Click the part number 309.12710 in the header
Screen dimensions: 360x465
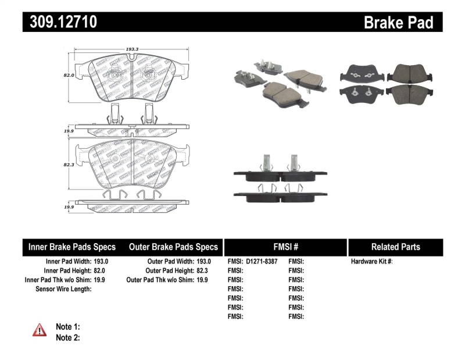tap(60, 22)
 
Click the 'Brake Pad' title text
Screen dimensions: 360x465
tap(398, 22)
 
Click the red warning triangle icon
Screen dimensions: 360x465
tap(39, 330)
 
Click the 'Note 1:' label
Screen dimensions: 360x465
tap(67, 327)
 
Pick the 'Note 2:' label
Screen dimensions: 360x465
tap(67, 337)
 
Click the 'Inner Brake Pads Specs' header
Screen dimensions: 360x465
tap(72, 247)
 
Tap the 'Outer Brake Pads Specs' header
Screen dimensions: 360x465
tap(173, 247)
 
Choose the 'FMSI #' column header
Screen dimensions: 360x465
tap(285, 247)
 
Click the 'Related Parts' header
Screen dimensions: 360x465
tap(396, 247)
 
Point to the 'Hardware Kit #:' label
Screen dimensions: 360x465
tap(372, 262)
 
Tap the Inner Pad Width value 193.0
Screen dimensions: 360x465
tap(101, 262)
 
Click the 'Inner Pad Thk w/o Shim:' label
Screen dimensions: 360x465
tap(58, 280)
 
